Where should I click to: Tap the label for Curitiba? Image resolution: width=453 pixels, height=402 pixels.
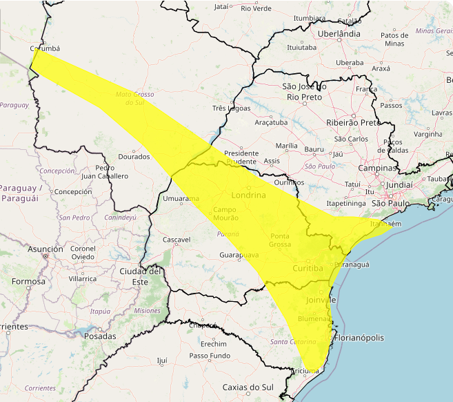coord(308,268)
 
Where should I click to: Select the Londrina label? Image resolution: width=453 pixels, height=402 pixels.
coord(249,195)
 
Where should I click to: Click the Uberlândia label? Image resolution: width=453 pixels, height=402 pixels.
coord(339,33)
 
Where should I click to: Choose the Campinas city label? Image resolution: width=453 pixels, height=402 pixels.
coord(376,168)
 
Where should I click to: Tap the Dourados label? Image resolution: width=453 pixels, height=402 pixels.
coord(134,157)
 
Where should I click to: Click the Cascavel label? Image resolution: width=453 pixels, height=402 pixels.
coord(176,240)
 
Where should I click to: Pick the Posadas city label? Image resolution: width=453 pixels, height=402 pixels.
coord(99,336)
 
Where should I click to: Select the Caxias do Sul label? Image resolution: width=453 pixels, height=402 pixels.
coord(249,387)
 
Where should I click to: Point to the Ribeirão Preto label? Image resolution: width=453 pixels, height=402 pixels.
coord(353,122)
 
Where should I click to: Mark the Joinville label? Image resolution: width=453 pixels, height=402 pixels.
coord(320,300)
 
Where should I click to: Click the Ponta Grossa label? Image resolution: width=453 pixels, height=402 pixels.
coord(280,240)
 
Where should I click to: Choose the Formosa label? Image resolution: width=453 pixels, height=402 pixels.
coord(28,281)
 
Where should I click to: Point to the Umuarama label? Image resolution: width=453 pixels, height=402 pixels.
coord(176,199)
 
